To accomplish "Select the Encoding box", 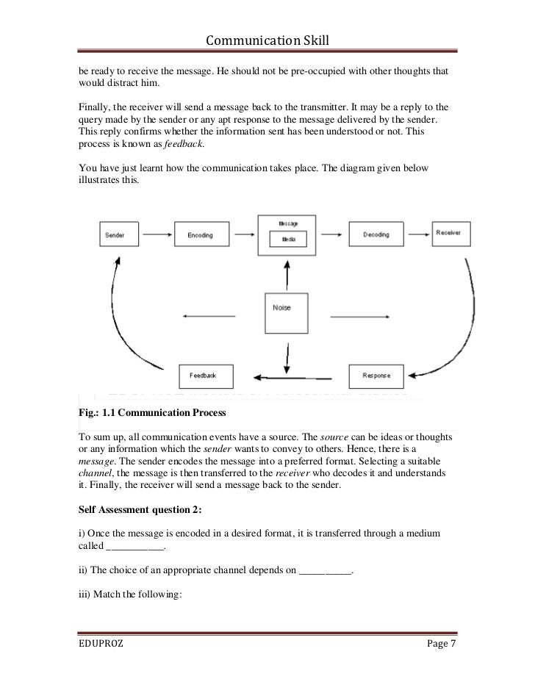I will click(x=200, y=234).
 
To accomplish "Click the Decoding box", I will click(x=376, y=234).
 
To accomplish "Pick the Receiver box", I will click(x=448, y=232).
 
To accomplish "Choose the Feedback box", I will click(x=203, y=375).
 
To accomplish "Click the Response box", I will click(x=376, y=376).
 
